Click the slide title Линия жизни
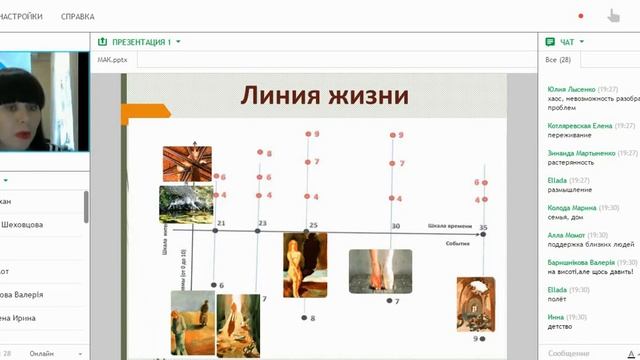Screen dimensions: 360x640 [x=324, y=96]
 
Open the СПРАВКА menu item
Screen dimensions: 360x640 [x=78, y=16]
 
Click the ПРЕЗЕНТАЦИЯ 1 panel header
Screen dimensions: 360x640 [x=141, y=42]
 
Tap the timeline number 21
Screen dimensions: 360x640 [x=221, y=223]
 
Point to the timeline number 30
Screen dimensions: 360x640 [x=396, y=226]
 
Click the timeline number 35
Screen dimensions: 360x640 [x=483, y=229]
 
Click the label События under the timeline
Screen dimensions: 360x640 [x=458, y=243]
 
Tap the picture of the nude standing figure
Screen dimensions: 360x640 [x=305, y=265]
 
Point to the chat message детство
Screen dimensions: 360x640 [x=562, y=326]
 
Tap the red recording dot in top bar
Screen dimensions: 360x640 [x=581, y=16]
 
